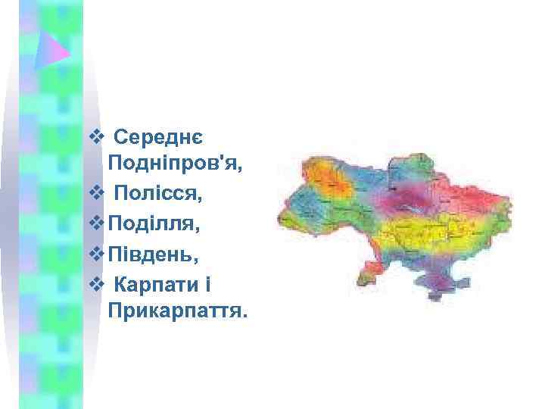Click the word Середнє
pyautogui.click(x=157, y=139)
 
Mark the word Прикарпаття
pyautogui.click(x=178, y=311)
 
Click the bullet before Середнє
pyautogui.click(x=95, y=138)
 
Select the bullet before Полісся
pyautogui.click(x=95, y=195)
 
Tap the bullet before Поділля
pyautogui.click(x=95, y=223)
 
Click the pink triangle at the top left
pyautogui.click(x=55, y=50)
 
